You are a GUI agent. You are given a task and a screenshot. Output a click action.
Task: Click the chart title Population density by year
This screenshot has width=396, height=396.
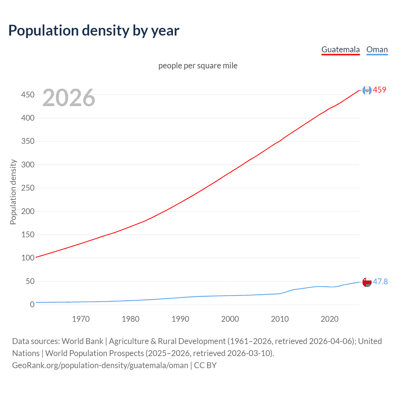pyautogui.click(x=94, y=31)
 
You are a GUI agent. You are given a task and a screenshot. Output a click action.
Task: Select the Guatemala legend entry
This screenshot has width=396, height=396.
pyautogui.click(x=340, y=49)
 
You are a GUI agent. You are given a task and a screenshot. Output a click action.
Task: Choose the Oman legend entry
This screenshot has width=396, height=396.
pyautogui.click(x=377, y=49)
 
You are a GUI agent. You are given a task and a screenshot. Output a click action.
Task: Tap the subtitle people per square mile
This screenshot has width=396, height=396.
pyautogui.click(x=198, y=66)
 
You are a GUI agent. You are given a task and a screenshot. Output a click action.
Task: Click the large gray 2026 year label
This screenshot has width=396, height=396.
pyautogui.click(x=69, y=98)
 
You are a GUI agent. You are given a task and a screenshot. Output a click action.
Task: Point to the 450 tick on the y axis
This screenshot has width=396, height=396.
pyautogui.click(x=28, y=95)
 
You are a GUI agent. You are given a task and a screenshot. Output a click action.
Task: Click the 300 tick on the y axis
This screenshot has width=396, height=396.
pyautogui.click(x=28, y=165)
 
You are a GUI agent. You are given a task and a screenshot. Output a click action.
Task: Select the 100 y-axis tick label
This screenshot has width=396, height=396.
pyautogui.click(x=28, y=258)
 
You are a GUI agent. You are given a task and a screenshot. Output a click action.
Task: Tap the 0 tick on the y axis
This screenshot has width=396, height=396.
pyautogui.click(x=32, y=304)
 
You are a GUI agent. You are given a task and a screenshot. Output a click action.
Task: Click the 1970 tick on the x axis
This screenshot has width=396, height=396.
pyautogui.click(x=81, y=319)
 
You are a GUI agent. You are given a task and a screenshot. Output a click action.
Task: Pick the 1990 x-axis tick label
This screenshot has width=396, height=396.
pyautogui.click(x=180, y=319)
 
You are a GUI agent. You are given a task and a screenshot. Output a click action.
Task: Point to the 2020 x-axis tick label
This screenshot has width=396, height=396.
pyautogui.click(x=329, y=319)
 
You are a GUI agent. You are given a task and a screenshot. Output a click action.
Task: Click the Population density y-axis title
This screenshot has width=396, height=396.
pyautogui.click(x=13, y=192)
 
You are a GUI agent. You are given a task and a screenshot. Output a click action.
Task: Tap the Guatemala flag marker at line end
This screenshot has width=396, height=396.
pyautogui.click(x=367, y=90)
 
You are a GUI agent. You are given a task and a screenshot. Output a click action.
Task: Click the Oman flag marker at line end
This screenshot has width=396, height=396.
pyautogui.click(x=367, y=282)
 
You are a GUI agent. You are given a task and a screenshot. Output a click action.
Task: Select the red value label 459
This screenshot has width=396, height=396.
pyautogui.click(x=380, y=90)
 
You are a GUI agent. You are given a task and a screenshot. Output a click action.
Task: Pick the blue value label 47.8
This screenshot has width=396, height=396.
pyautogui.click(x=380, y=282)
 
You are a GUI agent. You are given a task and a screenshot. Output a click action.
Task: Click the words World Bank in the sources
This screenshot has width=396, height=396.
pyautogui.click(x=82, y=341)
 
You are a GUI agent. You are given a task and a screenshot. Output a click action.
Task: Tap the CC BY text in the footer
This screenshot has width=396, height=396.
pyautogui.click(x=205, y=365)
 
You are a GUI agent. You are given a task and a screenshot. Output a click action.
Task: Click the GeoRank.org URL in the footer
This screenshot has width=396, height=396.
pyautogui.click(x=100, y=365)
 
